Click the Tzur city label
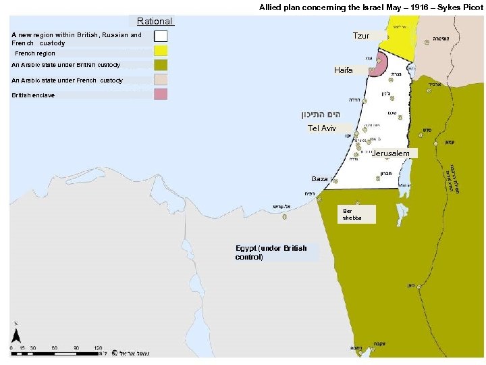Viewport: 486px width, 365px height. tap(360, 36)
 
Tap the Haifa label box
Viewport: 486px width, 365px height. tap(343, 70)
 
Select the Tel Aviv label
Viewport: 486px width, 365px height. tap(321, 128)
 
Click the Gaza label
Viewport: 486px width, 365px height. tap(319, 179)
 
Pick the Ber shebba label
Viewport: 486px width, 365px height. tap(352, 214)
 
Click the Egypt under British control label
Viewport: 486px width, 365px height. tap(271, 252)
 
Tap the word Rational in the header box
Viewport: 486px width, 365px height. tap(155, 21)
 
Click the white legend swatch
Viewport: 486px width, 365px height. tap(161, 36)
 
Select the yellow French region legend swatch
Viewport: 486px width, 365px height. tap(161, 51)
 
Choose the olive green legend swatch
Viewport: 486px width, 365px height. tap(161, 65)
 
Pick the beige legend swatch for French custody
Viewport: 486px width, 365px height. tap(161, 80)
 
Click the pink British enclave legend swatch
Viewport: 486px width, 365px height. tap(161, 95)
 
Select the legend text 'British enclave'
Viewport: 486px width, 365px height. tap(33, 95)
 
